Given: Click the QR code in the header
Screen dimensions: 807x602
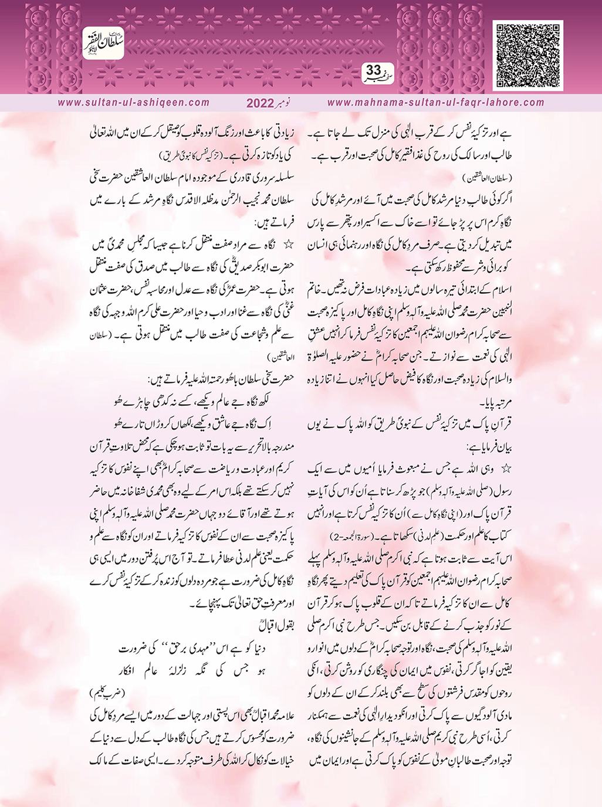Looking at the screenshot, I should (527, 55).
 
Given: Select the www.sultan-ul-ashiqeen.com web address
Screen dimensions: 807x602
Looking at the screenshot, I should (134, 103).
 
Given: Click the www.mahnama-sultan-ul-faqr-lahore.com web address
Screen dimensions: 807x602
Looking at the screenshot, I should (435, 103).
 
